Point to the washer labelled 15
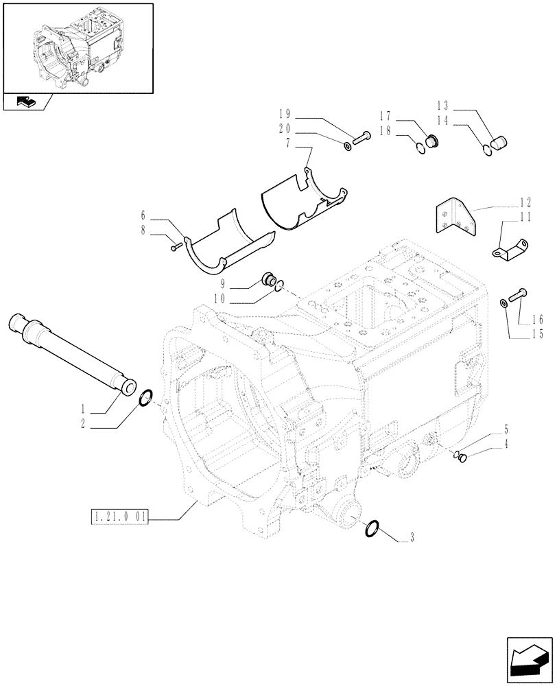[504, 303]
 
